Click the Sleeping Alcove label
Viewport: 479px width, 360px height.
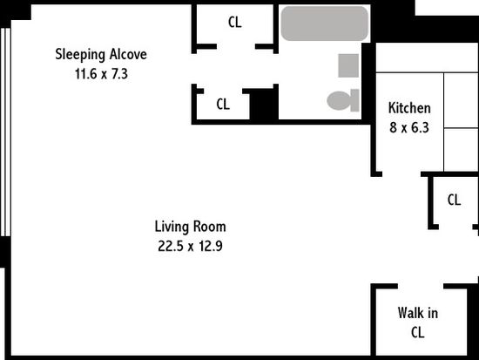(x=101, y=54)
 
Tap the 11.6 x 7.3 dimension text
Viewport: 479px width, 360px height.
(x=101, y=74)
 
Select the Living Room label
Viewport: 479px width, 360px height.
(x=191, y=227)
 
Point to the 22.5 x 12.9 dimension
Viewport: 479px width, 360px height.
(x=190, y=246)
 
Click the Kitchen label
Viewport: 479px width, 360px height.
(x=409, y=108)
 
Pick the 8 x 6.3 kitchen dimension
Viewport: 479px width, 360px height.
(x=409, y=127)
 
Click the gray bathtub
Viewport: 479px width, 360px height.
(x=325, y=24)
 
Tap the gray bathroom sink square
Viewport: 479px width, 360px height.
(x=348, y=65)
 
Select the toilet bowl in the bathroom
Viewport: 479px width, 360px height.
(x=339, y=100)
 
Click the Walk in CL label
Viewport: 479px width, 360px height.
(x=417, y=323)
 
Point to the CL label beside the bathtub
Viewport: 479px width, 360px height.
(x=234, y=22)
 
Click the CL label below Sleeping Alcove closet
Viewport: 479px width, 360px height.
(x=223, y=105)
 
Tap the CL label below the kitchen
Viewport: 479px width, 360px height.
(x=454, y=200)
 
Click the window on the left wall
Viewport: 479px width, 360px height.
(x=6, y=132)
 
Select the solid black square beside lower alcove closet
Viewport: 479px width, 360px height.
(x=264, y=104)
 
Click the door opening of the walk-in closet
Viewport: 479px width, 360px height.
(x=421, y=286)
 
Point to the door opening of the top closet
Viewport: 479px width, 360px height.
(x=236, y=47)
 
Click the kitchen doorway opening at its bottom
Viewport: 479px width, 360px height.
(x=401, y=174)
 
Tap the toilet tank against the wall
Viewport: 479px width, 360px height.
(x=354, y=100)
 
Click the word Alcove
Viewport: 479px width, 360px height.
(x=128, y=54)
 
